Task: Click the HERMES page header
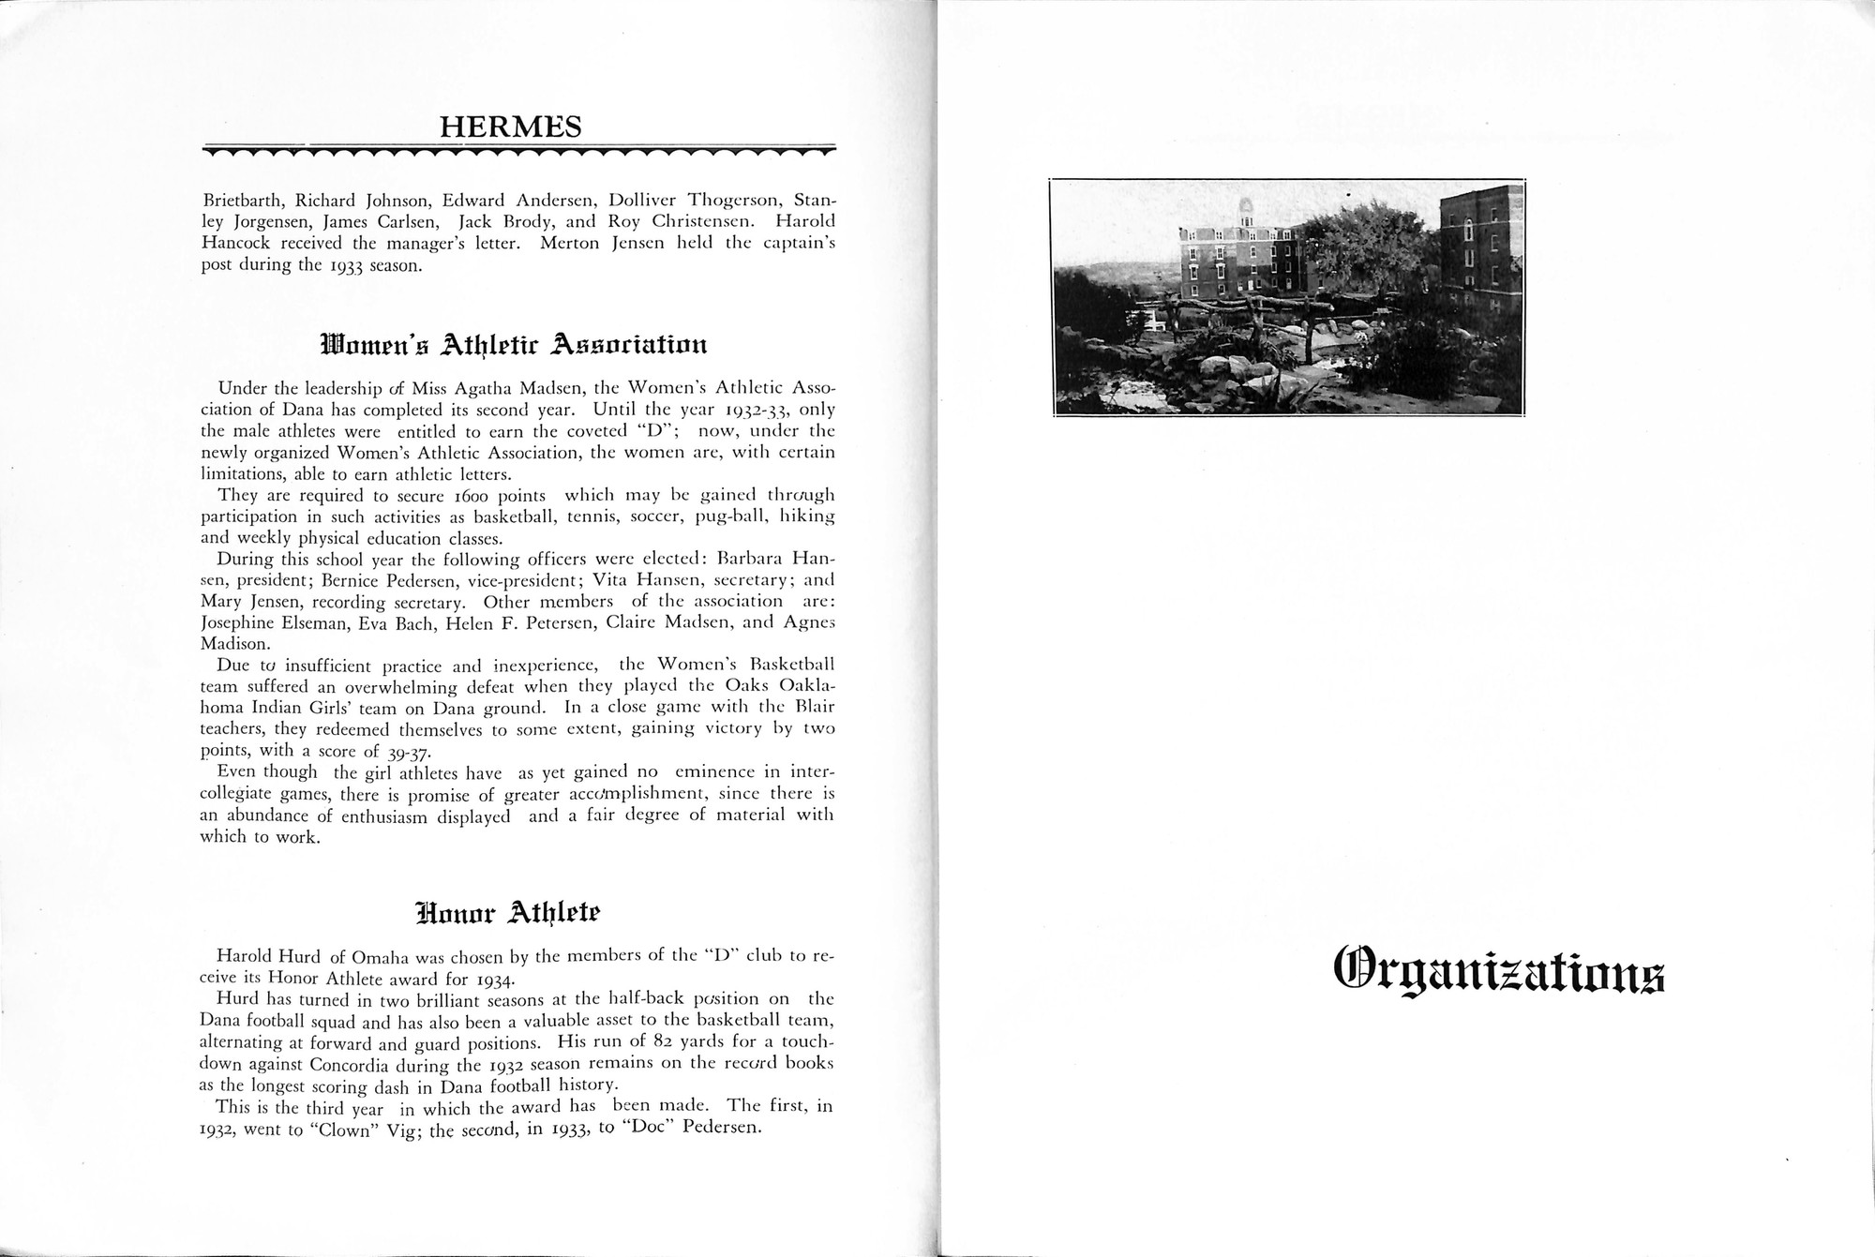(x=511, y=126)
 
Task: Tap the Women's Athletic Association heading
(x=513, y=344)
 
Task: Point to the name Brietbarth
(x=244, y=201)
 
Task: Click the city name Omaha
(x=382, y=957)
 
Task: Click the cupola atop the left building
(x=1245, y=210)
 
